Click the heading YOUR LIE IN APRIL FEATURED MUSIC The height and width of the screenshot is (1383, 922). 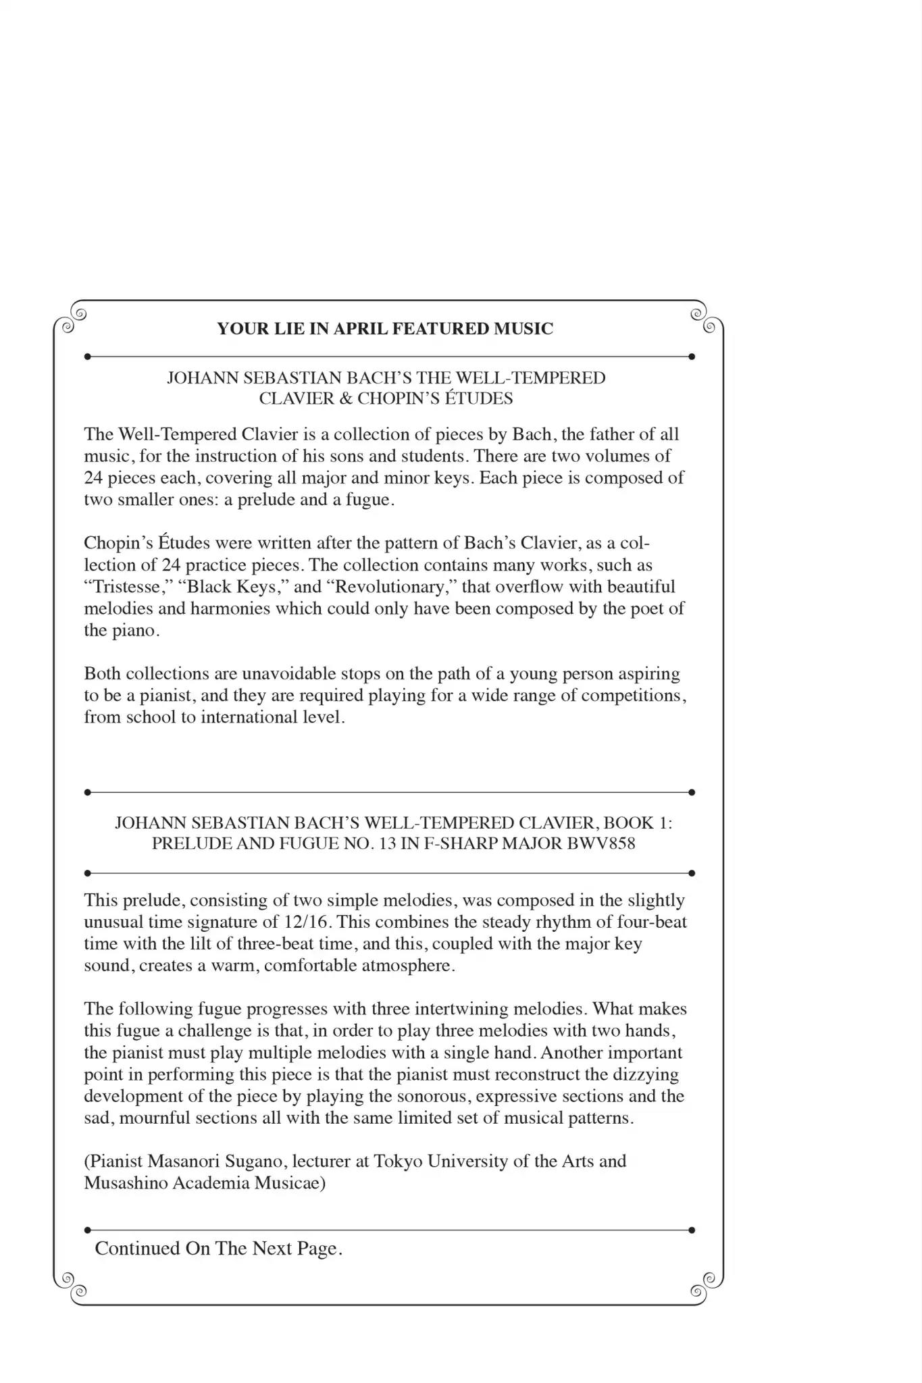pyautogui.click(x=385, y=329)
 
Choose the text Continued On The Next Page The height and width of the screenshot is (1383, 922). pyautogui.click(x=219, y=1248)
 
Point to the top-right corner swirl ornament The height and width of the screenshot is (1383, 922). pyautogui.click(x=702, y=320)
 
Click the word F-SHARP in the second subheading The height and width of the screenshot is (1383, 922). pyautogui.click(x=455, y=843)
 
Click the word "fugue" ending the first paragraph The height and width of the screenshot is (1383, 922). pyautogui.click(x=368, y=500)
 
